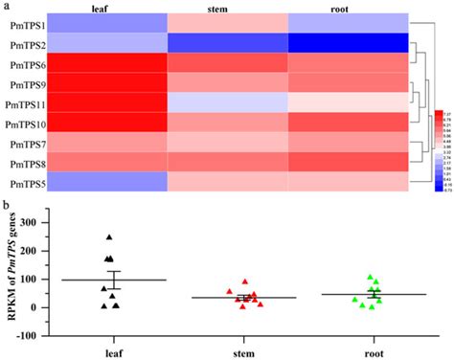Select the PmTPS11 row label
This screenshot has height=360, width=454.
pos(22,103)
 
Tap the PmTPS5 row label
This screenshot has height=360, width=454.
pos(22,183)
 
